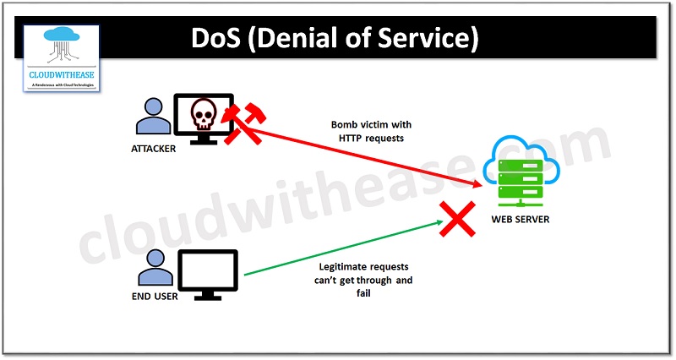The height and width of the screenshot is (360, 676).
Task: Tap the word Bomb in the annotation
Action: click(x=344, y=125)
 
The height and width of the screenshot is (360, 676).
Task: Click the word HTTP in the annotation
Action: click(x=344, y=139)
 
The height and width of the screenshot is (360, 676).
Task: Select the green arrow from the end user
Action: click(x=338, y=249)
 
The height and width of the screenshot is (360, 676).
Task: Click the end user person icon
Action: click(x=153, y=268)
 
